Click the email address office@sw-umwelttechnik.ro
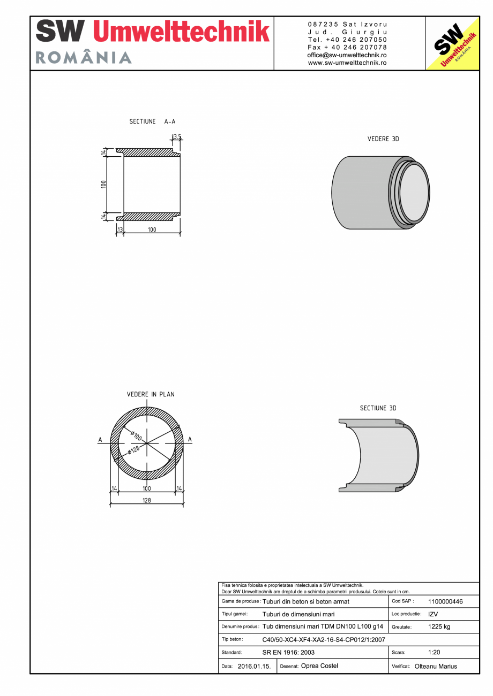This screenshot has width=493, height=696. (347, 55)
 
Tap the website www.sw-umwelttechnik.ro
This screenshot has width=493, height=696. (347, 63)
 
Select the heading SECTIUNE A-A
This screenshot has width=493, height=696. (152, 122)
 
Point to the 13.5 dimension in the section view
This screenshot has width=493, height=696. (176, 137)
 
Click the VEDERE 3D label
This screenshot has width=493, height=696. (383, 139)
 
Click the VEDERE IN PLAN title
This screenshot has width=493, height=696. (150, 394)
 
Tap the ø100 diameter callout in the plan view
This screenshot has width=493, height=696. (136, 434)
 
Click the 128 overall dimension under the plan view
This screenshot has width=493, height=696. (146, 501)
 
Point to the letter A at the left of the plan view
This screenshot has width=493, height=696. (100, 440)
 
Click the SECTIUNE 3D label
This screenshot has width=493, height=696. (378, 408)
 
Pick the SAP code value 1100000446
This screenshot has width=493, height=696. (445, 602)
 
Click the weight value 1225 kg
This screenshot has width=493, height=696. (439, 627)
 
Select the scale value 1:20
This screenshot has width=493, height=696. (434, 653)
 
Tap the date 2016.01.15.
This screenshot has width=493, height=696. (254, 667)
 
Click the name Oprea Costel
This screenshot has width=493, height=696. (319, 666)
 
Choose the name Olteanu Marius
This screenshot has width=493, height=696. (436, 667)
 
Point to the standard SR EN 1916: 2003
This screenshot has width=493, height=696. (288, 653)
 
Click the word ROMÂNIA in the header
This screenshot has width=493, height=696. (84, 58)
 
